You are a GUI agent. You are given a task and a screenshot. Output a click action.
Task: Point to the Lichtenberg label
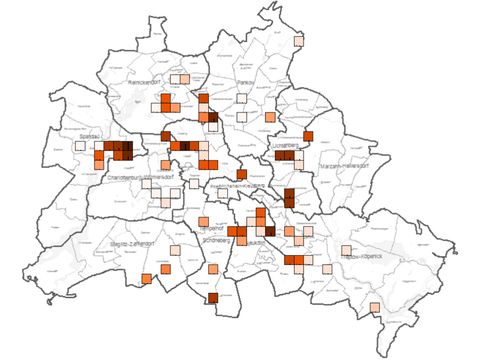click(x=287, y=146)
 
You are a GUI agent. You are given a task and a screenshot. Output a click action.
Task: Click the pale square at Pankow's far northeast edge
click(x=298, y=41)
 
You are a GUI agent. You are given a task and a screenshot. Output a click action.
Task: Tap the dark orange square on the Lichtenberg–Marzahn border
click(x=308, y=136)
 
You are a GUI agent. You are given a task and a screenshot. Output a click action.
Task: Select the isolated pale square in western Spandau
click(x=79, y=146)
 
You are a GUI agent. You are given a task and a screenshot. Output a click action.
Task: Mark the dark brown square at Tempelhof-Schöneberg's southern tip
click(x=212, y=298)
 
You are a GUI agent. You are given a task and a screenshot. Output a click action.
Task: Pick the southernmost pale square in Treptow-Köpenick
click(x=374, y=307)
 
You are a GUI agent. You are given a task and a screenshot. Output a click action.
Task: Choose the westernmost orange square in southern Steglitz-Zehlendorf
click(x=146, y=278)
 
